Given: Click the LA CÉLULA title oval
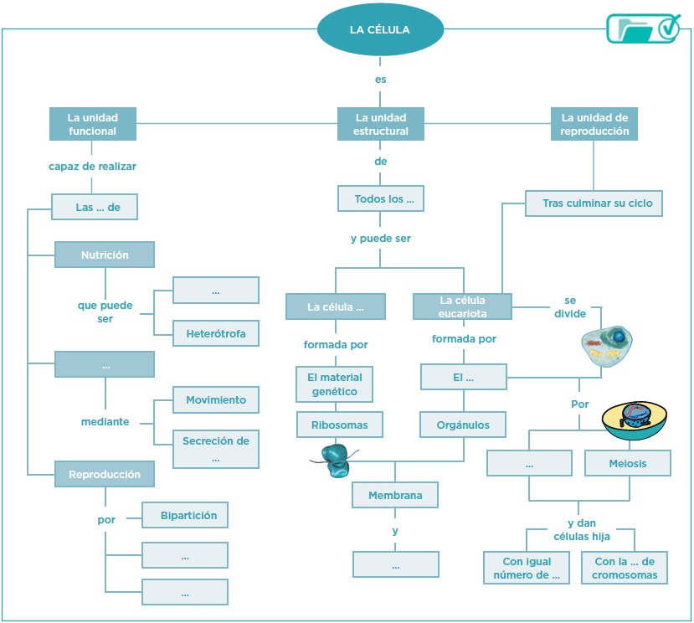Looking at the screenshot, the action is click(380, 29).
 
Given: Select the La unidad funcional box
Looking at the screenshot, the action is click(92, 124).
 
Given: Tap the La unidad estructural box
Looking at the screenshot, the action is click(381, 124).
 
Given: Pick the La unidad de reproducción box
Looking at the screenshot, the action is click(594, 124).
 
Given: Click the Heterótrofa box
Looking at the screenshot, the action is click(216, 333).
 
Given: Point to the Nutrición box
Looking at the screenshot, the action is click(105, 255).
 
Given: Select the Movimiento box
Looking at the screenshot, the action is click(216, 399).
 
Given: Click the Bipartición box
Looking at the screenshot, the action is click(185, 515).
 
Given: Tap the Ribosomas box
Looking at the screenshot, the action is click(340, 425).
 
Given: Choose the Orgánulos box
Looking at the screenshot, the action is click(463, 425).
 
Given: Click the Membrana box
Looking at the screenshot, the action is click(395, 495).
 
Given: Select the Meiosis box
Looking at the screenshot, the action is click(628, 463).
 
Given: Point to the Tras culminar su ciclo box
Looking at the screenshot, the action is click(594, 203).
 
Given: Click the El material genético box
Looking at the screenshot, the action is click(335, 384).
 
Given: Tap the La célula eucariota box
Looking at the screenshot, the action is click(462, 306).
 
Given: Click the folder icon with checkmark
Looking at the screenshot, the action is click(643, 28).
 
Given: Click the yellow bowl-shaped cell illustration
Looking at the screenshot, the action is click(635, 420).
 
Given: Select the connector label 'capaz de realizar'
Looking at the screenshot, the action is click(92, 167).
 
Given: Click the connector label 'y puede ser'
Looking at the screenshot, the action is click(381, 239).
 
